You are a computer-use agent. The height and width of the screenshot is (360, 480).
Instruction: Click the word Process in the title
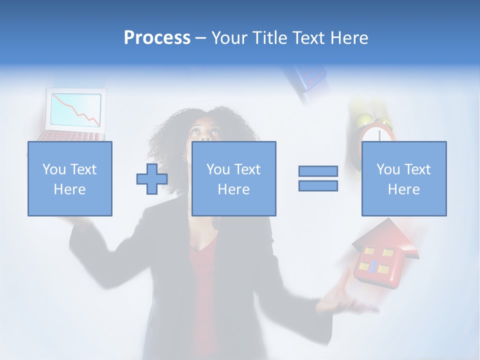(x=157, y=38)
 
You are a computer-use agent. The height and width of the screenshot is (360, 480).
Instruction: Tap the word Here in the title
(x=348, y=38)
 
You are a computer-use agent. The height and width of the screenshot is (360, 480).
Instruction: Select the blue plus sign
(x=152, y=179)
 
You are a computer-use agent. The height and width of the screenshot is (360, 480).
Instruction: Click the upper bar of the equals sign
(x=318, y=171)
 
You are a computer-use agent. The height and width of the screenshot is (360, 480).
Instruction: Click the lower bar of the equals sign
(x=318, y=185)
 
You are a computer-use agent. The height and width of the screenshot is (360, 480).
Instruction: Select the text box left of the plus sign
(x=69, y=178)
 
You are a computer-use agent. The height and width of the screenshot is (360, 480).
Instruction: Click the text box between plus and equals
(x=233, y=178)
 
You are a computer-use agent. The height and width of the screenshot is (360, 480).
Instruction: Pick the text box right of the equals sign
(x=403, y=178)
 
